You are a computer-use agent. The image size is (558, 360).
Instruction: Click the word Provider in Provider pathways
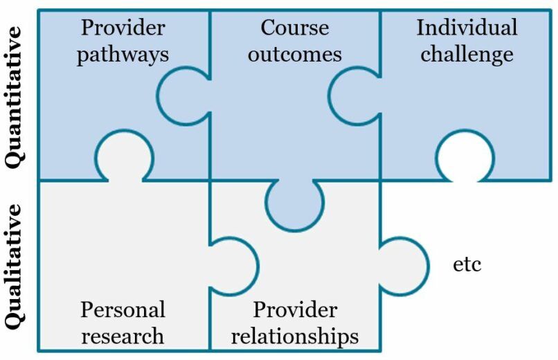click(x=123, y=28)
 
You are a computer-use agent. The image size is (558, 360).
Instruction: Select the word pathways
click(x=123, y=55)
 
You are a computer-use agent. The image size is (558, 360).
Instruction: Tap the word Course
click(x=294, y=28)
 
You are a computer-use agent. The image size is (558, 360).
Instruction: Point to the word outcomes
click(x=295, y=54)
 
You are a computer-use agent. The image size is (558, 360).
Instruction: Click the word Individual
click(x=467, y=28)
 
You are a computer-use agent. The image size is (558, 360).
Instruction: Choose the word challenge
click(x=467, y=54)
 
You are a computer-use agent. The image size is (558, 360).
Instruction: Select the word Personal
click(x=123, y=309)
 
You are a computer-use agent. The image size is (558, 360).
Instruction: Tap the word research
click(x=123, y=336)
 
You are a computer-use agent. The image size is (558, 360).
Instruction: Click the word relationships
click(x=295, y=336)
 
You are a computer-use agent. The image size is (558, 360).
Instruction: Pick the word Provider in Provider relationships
click(x=295, y=309)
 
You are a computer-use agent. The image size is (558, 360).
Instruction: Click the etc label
click(x=467, y=264)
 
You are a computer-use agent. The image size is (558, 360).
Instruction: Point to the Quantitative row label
click(x=15, y=95)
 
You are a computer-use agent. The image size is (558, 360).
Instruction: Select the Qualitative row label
click(x=15, y=267)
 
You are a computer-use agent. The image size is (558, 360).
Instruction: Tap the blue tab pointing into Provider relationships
click(x=294, y=204)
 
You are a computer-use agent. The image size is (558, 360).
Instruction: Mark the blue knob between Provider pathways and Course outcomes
click(x=181, y=95)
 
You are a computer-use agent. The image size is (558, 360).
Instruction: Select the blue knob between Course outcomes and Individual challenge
click(x=353, y=95)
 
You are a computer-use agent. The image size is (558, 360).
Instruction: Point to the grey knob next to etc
click(x=404, y=265)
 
